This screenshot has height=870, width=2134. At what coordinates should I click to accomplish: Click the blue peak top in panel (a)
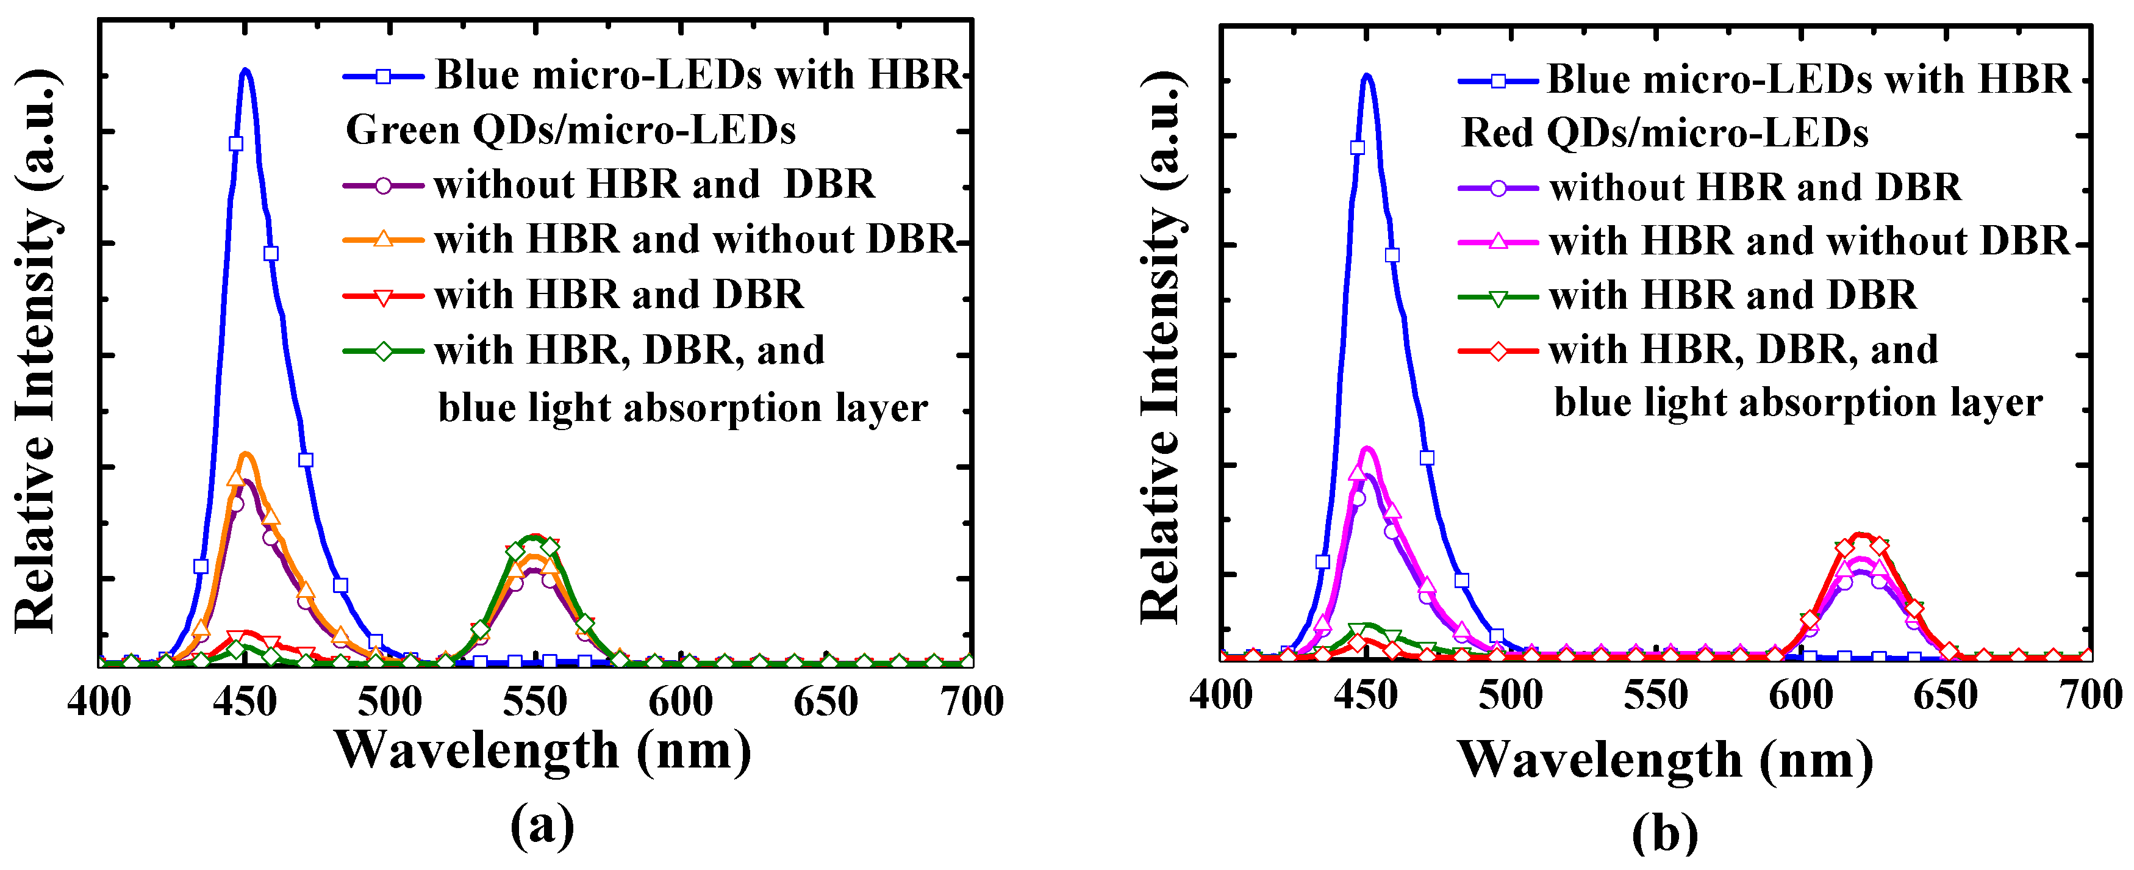click(245, 71)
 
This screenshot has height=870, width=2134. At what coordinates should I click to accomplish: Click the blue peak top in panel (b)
click(1367, 76)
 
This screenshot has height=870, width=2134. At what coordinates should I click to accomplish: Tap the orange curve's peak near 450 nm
click(245, 454)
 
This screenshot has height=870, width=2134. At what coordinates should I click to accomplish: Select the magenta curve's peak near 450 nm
click(1367, 450)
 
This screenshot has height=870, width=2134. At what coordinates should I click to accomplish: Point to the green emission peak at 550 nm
click(535, 537)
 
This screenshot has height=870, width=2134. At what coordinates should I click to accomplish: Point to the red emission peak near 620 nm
click(1861, 535)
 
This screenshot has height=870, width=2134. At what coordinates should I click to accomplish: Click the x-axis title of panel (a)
click(543, 750)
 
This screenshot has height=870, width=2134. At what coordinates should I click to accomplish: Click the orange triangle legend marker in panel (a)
click(383, 239)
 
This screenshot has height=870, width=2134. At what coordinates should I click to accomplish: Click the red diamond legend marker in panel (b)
click(1498, 350)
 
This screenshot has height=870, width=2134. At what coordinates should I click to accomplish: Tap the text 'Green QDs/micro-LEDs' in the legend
click(570, 130)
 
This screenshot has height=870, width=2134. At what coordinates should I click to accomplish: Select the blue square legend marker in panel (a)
click(383, 76)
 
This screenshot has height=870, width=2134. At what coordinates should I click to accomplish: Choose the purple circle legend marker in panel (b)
click(1498, 188)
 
